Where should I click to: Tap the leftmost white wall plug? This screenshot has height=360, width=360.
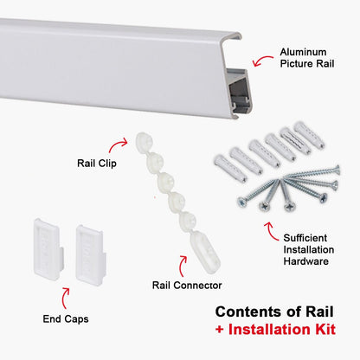pos(222,163)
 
